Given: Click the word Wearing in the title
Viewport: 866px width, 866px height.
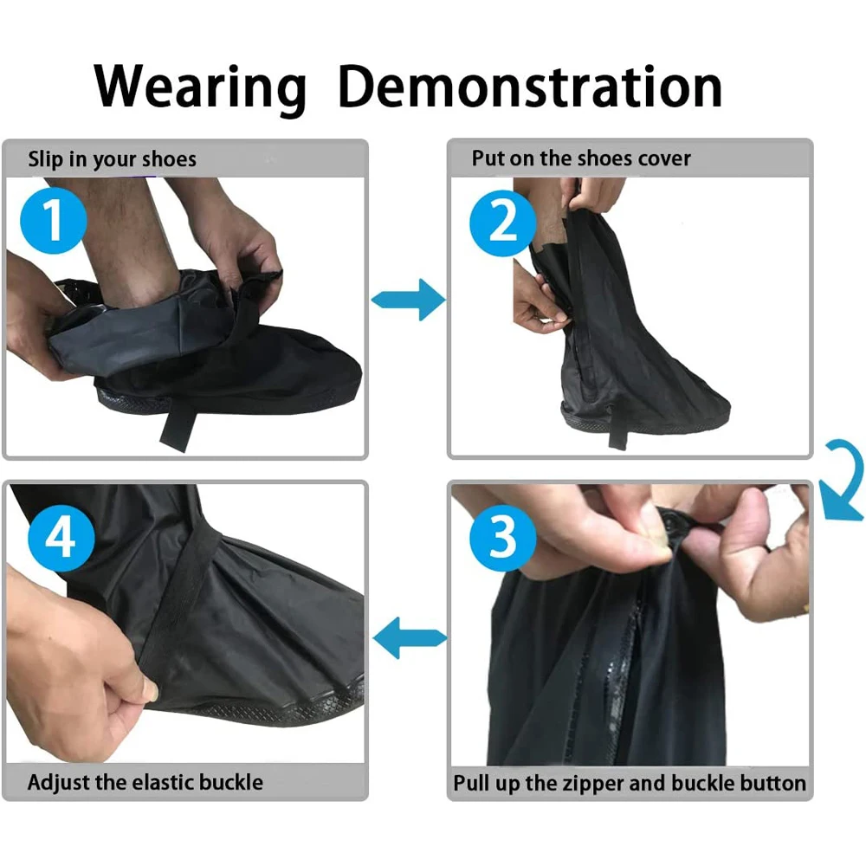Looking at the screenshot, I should [201, 87].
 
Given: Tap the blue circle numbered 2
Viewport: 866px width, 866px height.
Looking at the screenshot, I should [503, 220].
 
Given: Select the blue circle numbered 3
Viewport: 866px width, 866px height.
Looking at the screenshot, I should [503, 539].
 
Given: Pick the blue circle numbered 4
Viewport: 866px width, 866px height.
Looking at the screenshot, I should [59, 539].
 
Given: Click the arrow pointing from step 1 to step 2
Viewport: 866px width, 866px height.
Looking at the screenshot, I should [408, 300].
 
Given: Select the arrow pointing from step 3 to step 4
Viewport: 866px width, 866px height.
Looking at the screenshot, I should [408, 639].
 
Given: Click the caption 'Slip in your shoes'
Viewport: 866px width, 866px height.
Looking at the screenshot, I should [113, 159].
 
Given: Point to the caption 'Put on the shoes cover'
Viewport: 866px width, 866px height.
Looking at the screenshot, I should [581, 158].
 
